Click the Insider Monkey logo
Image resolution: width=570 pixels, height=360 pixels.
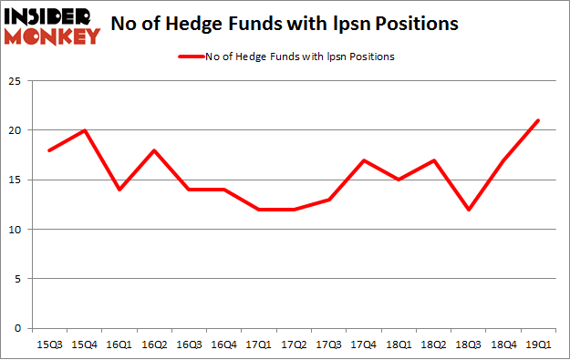tap(52, 25)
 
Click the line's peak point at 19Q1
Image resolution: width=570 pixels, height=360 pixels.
tap(538, 120)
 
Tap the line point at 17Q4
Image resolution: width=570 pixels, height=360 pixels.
tap(364, 160)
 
